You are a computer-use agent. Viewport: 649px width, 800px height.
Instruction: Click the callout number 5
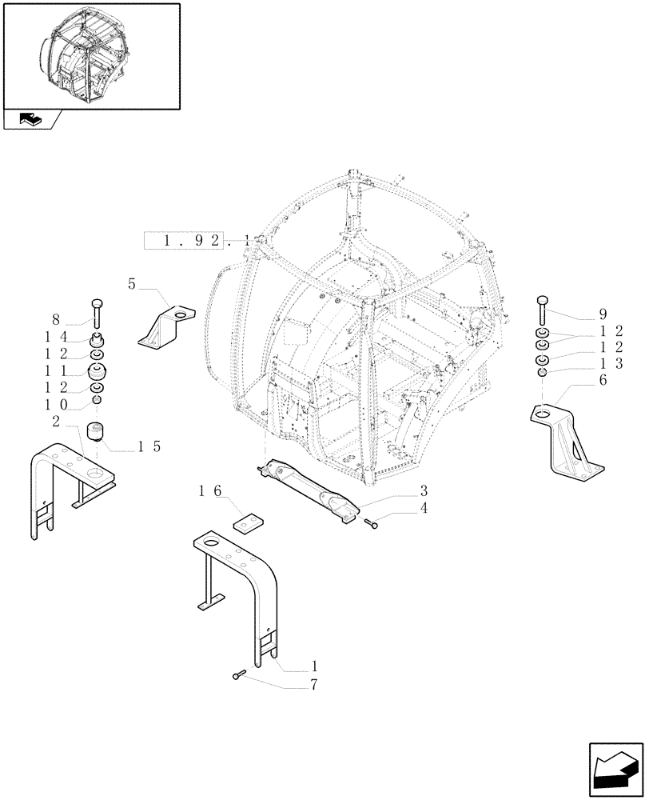pos(132,283)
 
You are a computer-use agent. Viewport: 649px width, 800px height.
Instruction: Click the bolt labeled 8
pos(97,309)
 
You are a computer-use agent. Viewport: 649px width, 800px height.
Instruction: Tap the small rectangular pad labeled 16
pos(249,521)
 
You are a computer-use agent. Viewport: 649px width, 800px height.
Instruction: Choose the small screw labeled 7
pos(238,676)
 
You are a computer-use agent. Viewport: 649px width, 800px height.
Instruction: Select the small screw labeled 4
pos(371,523)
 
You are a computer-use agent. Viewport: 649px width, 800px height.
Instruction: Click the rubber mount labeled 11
pos(97,373)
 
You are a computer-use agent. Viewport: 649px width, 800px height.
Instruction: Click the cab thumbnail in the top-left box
pos(92,55)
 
